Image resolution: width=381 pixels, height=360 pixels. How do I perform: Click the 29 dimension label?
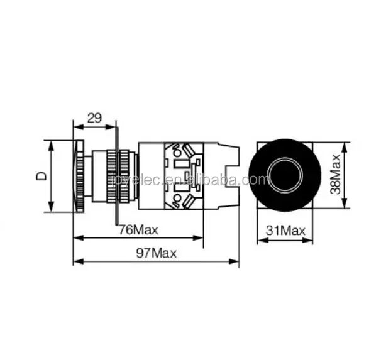point(94,117)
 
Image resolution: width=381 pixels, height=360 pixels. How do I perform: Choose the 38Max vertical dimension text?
point(336,175)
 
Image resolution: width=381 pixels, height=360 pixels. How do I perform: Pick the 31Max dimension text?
point(285,231)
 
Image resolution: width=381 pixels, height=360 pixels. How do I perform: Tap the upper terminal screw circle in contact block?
point(177,152)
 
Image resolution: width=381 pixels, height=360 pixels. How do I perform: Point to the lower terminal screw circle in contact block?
point(177,200)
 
